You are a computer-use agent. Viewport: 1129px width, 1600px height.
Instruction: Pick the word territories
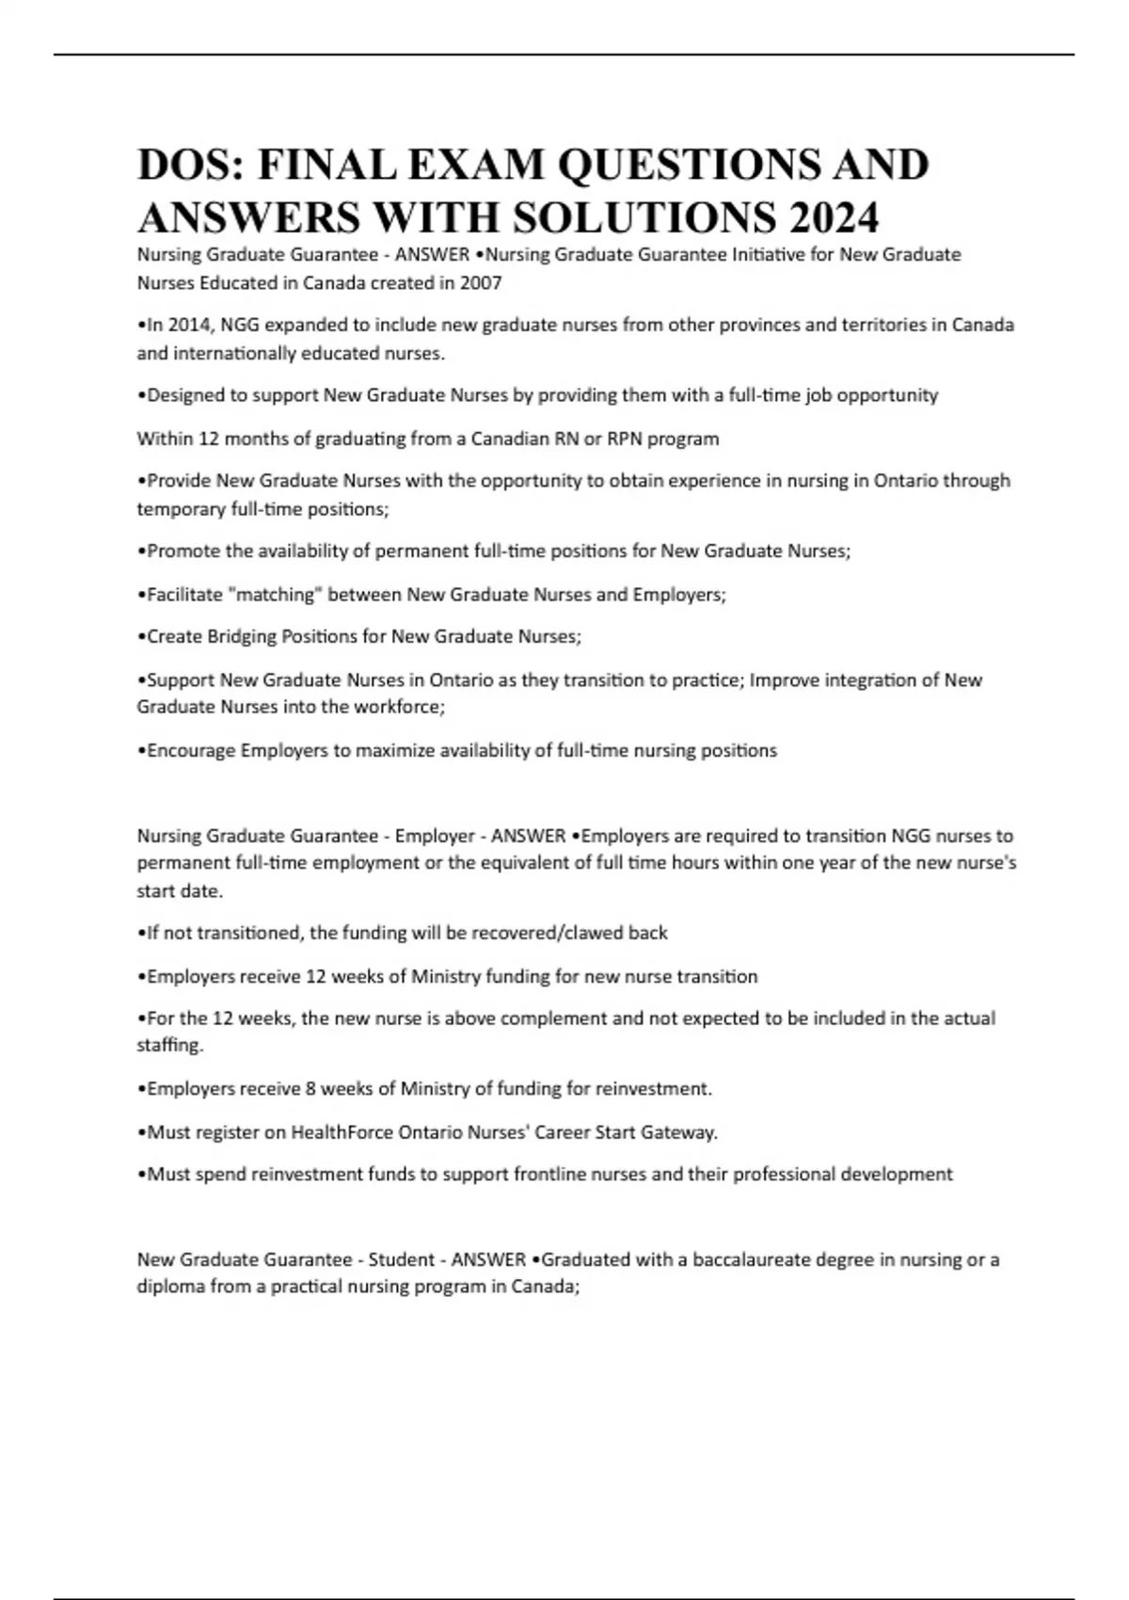[x=897, y=325]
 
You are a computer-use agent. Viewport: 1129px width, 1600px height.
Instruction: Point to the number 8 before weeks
[x=310, y=1089]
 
